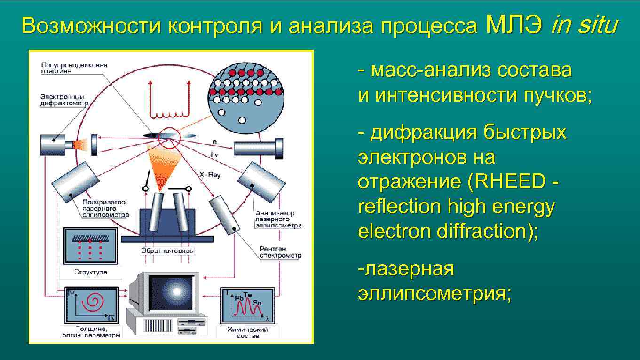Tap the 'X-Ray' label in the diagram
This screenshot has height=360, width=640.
point(210,174)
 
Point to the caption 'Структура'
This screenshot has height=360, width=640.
point(91,272)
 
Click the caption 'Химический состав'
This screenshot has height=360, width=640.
point(248,332)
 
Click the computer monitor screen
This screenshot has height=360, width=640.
point(171,292)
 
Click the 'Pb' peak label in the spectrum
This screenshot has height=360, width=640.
point(239,297)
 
